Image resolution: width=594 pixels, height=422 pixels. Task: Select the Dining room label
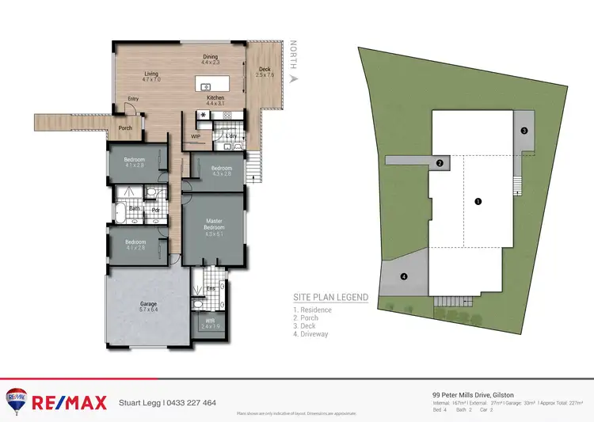[210, 57]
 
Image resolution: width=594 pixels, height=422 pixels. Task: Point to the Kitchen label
[215, 98]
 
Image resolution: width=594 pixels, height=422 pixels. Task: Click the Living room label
[150, 76]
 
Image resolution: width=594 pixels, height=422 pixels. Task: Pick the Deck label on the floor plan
[265, 69]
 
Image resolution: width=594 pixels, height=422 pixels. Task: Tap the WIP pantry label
[196, 136]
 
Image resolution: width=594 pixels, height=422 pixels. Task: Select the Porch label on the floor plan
[125, 127]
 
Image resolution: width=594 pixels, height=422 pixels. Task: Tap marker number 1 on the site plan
[478, 201]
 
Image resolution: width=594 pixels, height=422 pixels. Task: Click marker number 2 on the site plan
[439, 164]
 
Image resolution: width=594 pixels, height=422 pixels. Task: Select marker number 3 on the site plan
[524, 130]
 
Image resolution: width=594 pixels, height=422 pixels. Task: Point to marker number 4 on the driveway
[404, 276]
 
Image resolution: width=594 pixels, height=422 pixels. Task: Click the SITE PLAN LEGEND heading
[330, 297]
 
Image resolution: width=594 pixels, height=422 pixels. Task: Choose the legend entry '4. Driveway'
[313, 334]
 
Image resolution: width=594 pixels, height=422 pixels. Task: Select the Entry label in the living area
[133, 99]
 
